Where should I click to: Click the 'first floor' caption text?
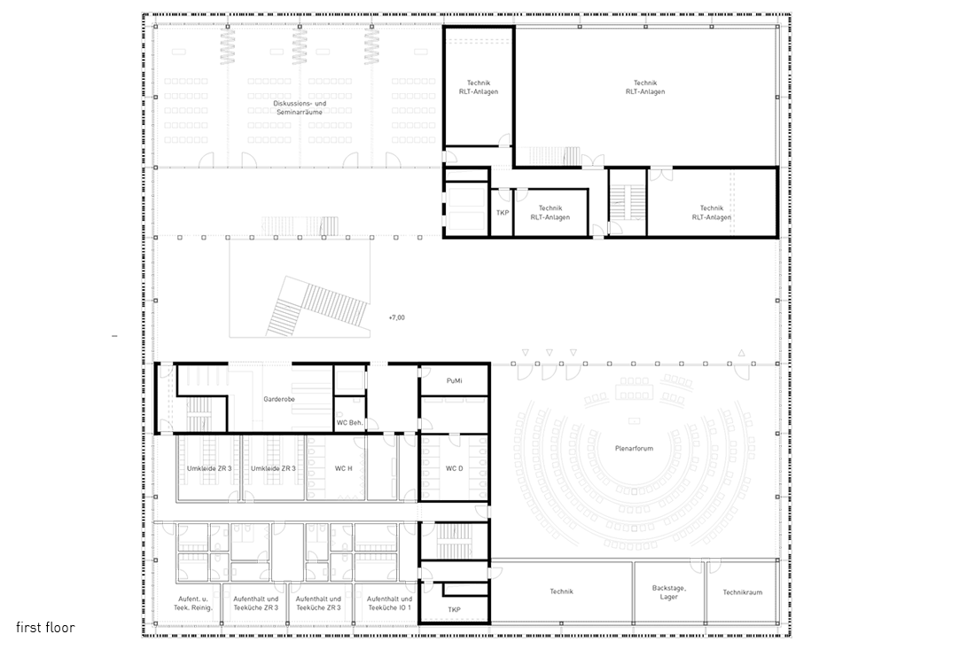tap(45, 627)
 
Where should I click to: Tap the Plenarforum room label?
tap(634, 448)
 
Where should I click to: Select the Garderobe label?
tap(278, 399)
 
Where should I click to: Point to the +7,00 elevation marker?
tap(396, 317)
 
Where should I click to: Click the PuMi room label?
tap(455, 380)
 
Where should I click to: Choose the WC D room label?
tap(455, 468)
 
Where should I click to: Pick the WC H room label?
tap(343, 468)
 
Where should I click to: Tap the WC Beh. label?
tap(349, 423)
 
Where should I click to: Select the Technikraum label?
tap(743, 592)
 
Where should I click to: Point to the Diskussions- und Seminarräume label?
tap(300, 107)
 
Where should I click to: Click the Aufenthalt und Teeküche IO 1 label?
tap(390, 603)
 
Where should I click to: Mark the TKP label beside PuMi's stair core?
tap(455, 609)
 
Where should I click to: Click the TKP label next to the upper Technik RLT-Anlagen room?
tap(503, 213)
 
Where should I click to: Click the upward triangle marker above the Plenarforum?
tap(741, 353)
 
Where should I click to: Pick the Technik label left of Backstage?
tap(561, 591)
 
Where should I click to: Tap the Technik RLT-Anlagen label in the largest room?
tap(645, 87)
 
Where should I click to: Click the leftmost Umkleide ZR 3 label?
tap(209, 468)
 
